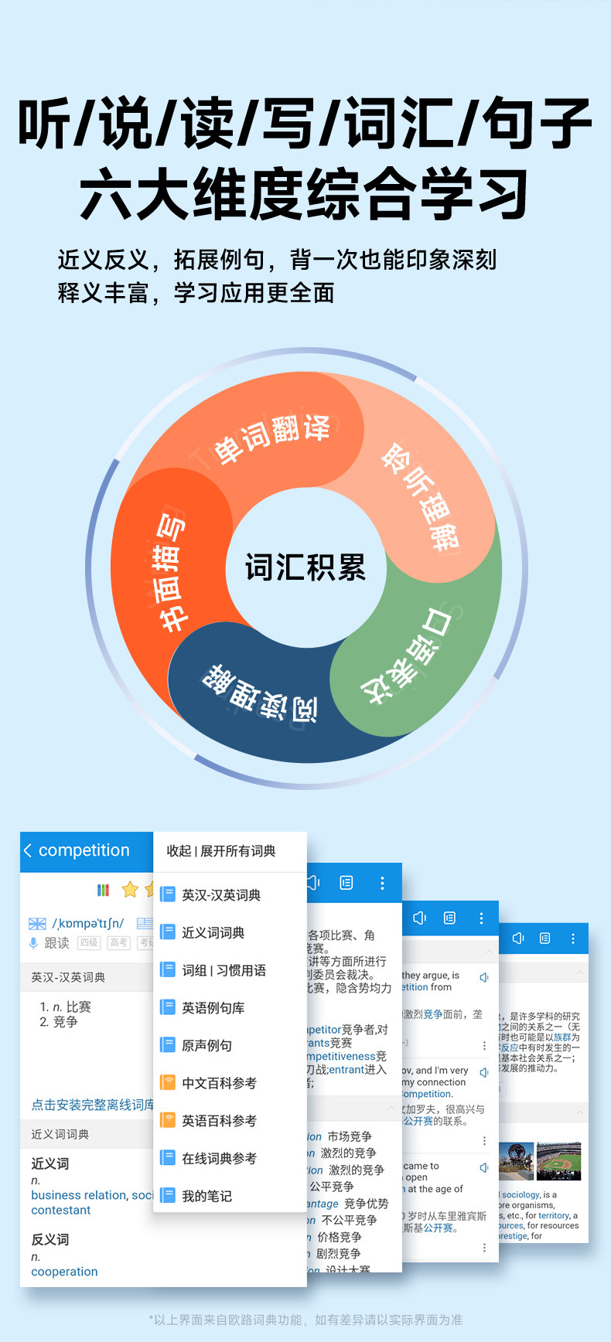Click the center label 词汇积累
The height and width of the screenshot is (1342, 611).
coord(305,567)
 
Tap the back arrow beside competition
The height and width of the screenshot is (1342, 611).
coord(28,850)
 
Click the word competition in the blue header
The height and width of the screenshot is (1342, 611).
coord(84,850)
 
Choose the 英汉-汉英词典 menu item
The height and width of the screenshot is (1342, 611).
coord(220,895)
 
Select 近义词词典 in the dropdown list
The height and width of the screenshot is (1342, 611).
coord(213,933)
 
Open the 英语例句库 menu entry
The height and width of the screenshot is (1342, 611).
coord(213,1008)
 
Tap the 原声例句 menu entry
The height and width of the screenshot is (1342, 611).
coord(207,1046)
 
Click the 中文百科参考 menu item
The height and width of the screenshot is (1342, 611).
coord(219,1083)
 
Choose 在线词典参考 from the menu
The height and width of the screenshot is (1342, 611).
coord(219,1159)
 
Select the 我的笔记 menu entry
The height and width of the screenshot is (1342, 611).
coord(207,1196)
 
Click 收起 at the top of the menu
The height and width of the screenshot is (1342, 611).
coord(179,851)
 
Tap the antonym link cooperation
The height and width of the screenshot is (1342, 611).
coord(64,1272)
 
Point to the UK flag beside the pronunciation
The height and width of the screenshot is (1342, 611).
coord(37,924)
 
